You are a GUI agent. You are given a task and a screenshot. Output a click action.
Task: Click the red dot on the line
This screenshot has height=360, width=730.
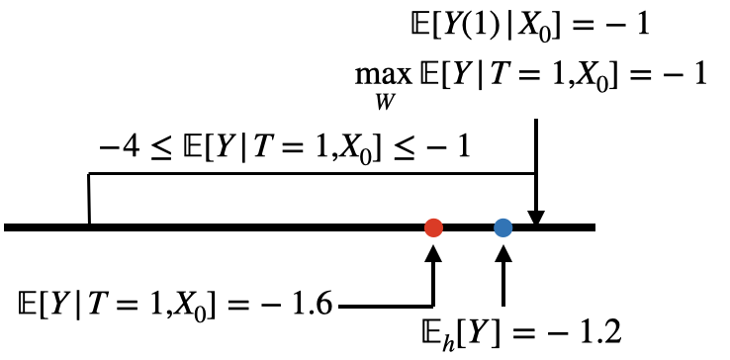tap(432, 227)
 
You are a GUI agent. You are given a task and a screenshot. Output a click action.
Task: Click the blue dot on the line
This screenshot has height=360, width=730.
tap(503, 227)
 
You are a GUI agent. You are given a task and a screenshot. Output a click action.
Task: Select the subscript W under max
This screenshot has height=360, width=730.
tap(377, 100)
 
